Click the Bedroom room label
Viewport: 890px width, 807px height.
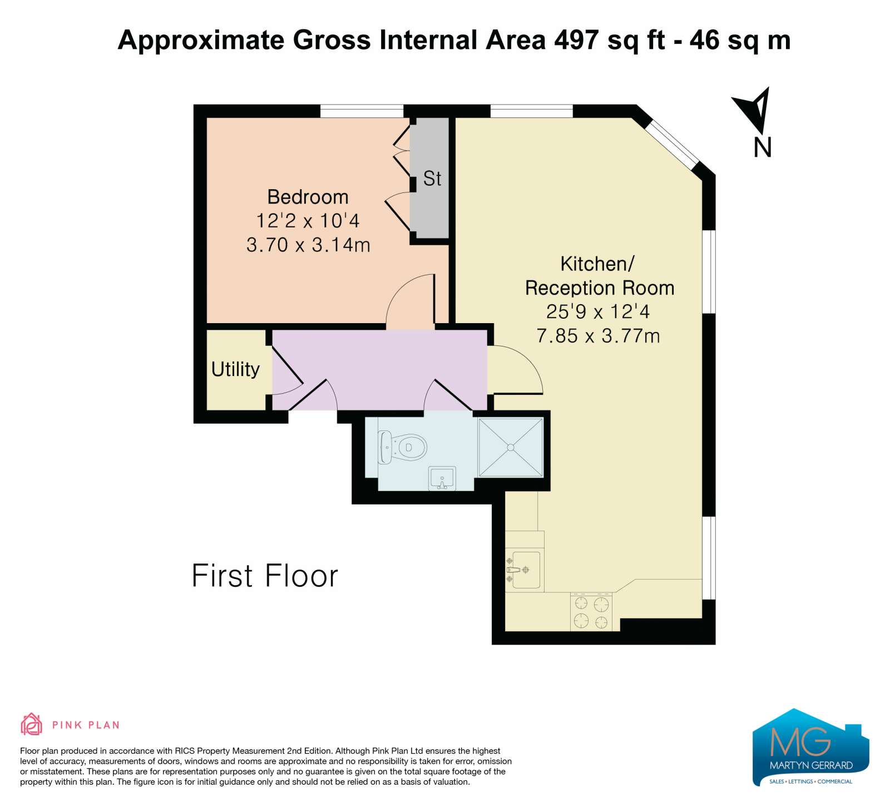[308, 197]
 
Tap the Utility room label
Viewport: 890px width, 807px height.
[235, 369]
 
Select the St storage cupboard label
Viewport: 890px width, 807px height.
[432, 179]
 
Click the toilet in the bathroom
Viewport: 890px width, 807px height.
[402, 447]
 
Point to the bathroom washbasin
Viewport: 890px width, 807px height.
[442, 478]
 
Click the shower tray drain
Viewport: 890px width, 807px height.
[511, 447]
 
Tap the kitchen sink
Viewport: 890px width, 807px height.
[525, 570]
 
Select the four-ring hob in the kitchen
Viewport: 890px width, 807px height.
[591, 612]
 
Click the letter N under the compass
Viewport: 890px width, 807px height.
[763, 147]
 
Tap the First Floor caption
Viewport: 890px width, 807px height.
[265, 576]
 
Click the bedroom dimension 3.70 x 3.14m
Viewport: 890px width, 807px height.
[308, 245]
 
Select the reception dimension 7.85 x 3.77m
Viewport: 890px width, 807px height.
[599, 336]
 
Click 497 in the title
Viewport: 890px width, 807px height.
[576, 40]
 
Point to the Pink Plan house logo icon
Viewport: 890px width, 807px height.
[32, 724]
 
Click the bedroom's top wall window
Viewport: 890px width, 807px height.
[362, 111]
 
